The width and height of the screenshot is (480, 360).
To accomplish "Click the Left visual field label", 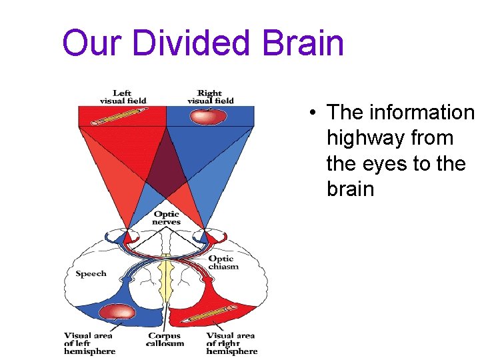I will point(123,97).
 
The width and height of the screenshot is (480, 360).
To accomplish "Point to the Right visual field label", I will point(210,97).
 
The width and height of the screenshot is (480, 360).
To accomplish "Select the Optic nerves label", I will point(166,217).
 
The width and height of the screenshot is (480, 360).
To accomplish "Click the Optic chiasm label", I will point(223,262).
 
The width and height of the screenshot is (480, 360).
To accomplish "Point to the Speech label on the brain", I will point(91,274).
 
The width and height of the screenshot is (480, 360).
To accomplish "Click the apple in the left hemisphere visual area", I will point(118,312).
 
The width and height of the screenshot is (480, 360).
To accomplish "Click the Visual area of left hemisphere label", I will point(89,343).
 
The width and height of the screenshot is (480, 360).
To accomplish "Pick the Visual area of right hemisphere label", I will point(231,343).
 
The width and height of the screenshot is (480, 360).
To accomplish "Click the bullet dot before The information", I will point(313,113).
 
